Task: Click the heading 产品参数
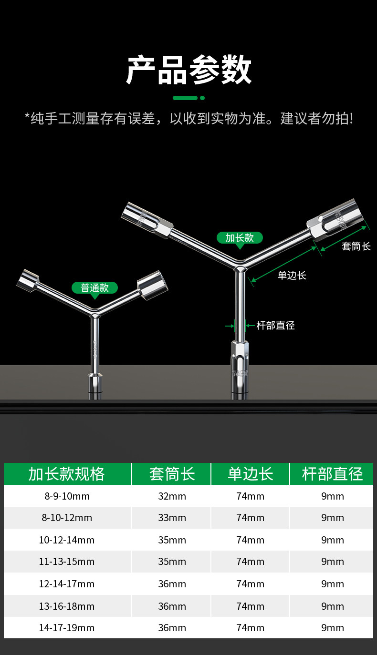pyautogui.click(x=188, y=70)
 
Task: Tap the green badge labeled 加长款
pyautogui.click(x=240, y=237)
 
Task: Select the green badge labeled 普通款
pyautogui.click(x=94, y=287)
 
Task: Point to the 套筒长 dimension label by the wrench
pyautogui.click(x=356, y=246)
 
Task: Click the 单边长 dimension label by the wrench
pyautogui.click(x=292, y=275)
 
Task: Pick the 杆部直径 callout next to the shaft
pyautogui.click(x=275, y=326)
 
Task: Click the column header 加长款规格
pyautogui.click(x=67, y=474)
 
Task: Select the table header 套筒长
pyautogui.click(x=172, y=474)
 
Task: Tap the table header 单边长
pyautogui.click(x=250, y=474)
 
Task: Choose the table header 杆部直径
pyautogui.click(x=332, y=474)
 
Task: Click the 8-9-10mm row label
pyautogui.click(x=67, y=496)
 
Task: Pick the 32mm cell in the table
pyautogui.click(x=172, y=496)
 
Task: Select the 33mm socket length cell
pyautogui.click(x=172, y=518)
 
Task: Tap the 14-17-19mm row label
pyautogui.click(x=67, y=628)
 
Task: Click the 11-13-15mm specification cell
pyautogui.click(x=67, y=562)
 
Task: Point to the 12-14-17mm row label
pyautogui.click(x=67, y=584)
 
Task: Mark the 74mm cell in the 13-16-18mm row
pyautogui.click(x=250, y=606)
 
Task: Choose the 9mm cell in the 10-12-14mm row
pyautogui.click(x=332, y=540)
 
